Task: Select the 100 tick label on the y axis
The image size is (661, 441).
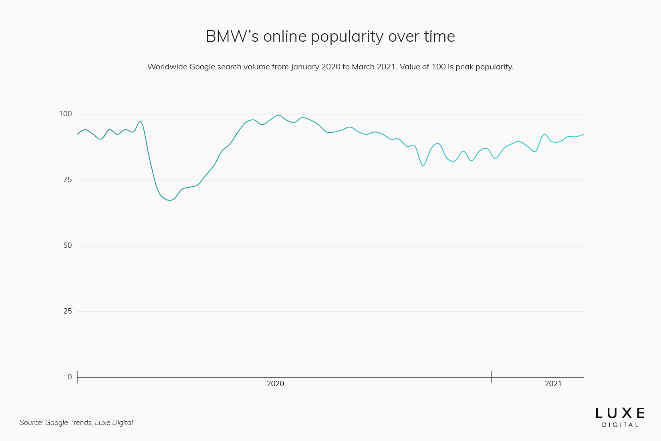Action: point(65,114)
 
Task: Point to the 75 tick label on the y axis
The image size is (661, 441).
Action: point(67,180)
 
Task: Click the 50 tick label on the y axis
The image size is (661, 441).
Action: point(67,246)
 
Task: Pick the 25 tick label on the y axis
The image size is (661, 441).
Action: point(67,312)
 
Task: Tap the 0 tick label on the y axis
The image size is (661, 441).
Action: point(70,377)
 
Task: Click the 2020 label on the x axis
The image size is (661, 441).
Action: point(275,384)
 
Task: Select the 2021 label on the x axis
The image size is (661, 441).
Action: point(553,384)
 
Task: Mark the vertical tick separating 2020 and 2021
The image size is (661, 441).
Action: point(492,377)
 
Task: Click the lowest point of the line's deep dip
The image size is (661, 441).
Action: point(169,200)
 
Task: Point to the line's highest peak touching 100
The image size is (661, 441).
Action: point(278,115)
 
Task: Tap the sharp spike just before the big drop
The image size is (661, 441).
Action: point(140,121)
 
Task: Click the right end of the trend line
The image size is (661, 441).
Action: point(584,134)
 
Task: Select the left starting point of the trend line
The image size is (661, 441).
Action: point(77,134)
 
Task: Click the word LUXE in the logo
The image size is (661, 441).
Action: point(620,413)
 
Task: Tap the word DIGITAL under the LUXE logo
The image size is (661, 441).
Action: point(620,425)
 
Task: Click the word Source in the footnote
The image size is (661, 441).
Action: point(31,423)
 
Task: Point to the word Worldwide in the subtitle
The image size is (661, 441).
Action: point(167,67)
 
